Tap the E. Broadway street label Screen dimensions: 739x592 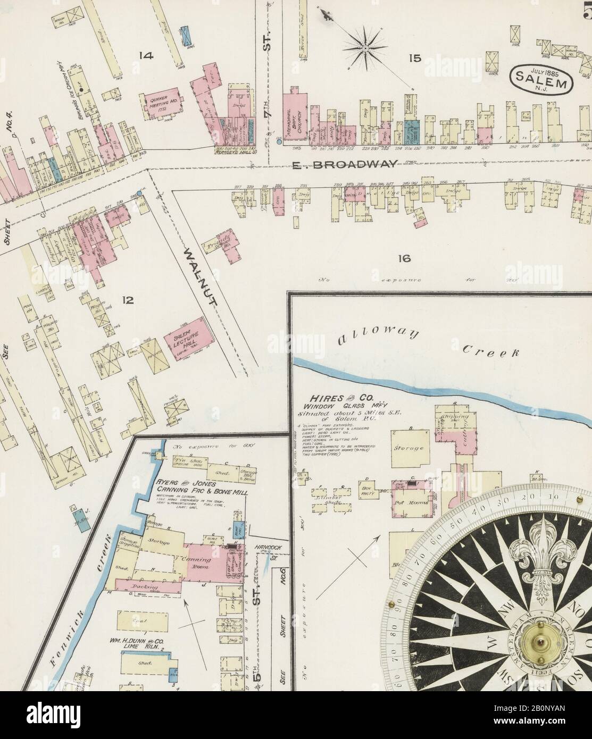344,165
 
